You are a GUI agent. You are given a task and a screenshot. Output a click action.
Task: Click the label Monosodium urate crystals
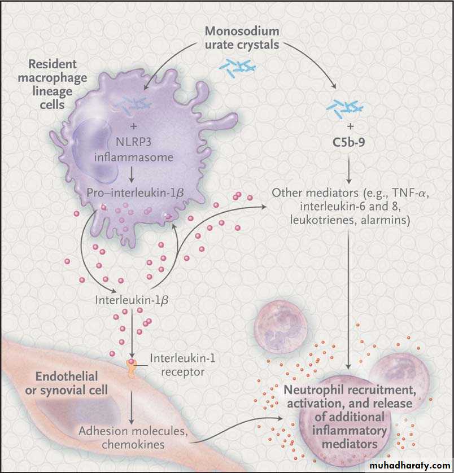click(241, 37)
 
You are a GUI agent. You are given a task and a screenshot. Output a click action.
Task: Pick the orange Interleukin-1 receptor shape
click(131, 367)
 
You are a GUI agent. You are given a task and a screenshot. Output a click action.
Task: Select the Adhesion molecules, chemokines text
click(133, 437)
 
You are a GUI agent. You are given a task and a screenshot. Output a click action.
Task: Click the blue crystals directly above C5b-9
click(346, 107)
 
